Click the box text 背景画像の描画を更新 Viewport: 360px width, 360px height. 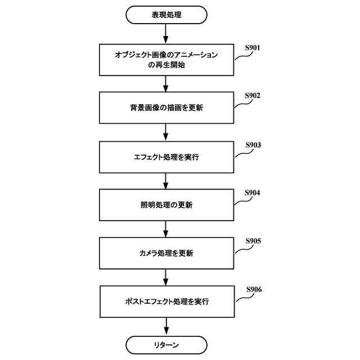point(166,109)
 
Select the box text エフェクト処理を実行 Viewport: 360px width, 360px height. point(166,157)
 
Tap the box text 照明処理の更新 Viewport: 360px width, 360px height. point(166,205)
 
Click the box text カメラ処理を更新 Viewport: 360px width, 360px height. point(166,254)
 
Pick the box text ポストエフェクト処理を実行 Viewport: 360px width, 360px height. point(166,302)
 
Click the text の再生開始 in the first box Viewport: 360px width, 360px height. point(166,65)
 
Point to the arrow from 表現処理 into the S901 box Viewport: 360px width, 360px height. point(166,34)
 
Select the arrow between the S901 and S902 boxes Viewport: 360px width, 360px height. point(166,83)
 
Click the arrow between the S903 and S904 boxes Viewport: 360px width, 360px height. point(166,181)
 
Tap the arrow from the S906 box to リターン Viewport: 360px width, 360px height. point(166,326)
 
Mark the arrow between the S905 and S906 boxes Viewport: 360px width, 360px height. point(166,277)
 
